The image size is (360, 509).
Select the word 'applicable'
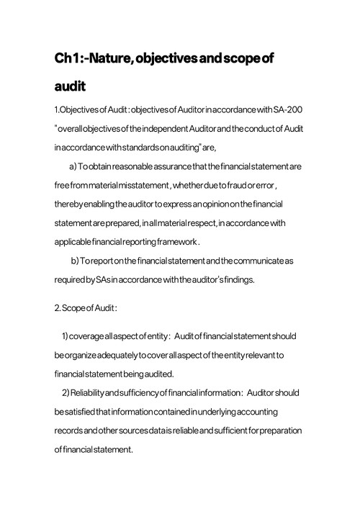click(x=74, y=241)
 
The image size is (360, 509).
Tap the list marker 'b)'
click(x=74, y=259)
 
